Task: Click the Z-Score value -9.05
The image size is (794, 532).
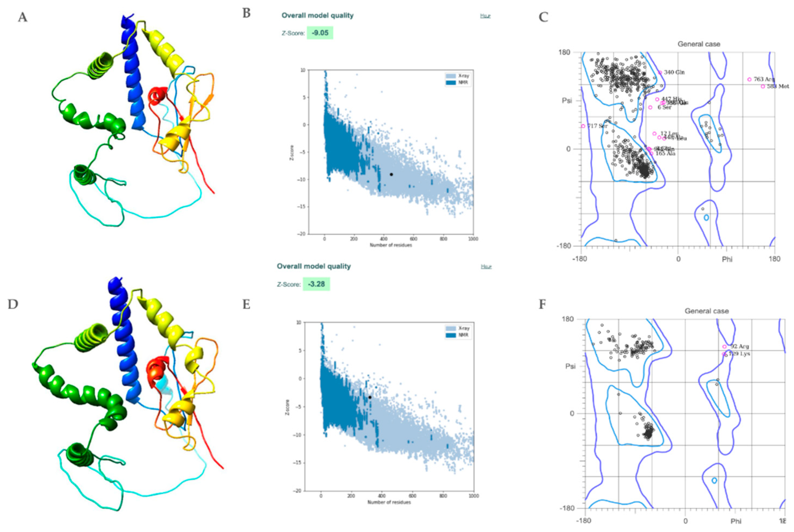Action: click(320, 33)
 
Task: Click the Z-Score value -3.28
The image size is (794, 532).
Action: click(316, 284)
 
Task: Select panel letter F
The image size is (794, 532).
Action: click(543, 304)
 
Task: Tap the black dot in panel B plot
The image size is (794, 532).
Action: click(391, 174)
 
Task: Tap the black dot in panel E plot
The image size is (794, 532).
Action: click(370, 397)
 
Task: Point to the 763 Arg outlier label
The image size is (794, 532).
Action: click(764, 79)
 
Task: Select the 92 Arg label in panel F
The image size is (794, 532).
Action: click(739, 347)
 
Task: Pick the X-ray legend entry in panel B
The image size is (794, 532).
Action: click(463, 76)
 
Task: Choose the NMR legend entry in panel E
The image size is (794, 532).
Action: click(463, 335)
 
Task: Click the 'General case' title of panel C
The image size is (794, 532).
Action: click(699, 44)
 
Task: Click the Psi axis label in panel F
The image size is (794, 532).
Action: click(570, 366)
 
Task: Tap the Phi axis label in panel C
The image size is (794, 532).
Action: click(727, 259)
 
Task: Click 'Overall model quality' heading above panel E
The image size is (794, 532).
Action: click(313, 266)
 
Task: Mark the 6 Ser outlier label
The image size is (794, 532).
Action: click(664, 108)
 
